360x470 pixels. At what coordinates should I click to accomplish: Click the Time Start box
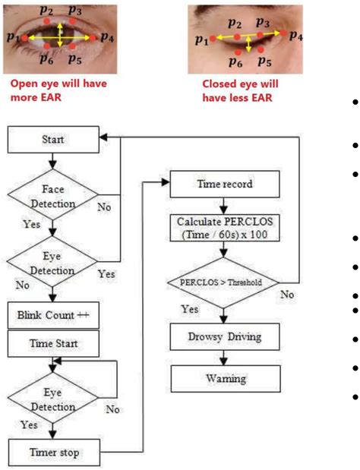[52, 344]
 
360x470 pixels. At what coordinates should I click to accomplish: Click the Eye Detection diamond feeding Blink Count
[52, 263]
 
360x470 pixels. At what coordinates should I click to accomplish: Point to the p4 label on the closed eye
[295, 36]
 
